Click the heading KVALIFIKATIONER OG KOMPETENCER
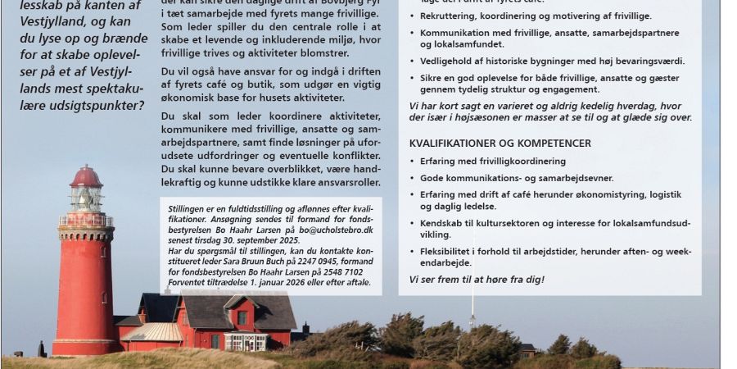click(500, 143)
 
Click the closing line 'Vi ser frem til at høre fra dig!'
click(477, 280)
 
